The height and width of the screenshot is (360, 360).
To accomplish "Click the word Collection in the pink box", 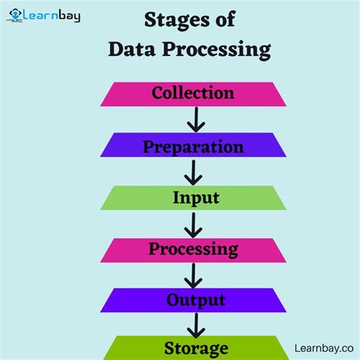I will [x=193, y=93].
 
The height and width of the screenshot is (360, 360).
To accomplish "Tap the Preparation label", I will [x=193, y=146].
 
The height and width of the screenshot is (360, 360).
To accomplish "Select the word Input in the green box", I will [x=195, y=198].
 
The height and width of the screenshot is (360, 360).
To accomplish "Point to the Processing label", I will [x=193, y=249].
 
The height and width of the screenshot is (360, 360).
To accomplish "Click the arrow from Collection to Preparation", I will [x=195, y=119].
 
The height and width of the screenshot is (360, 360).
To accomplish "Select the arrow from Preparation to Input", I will [x=194, y=172].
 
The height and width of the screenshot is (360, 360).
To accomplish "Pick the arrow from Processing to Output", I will [x=194, y=275].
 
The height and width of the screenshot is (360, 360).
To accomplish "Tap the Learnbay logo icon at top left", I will [x=14, y=14].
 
